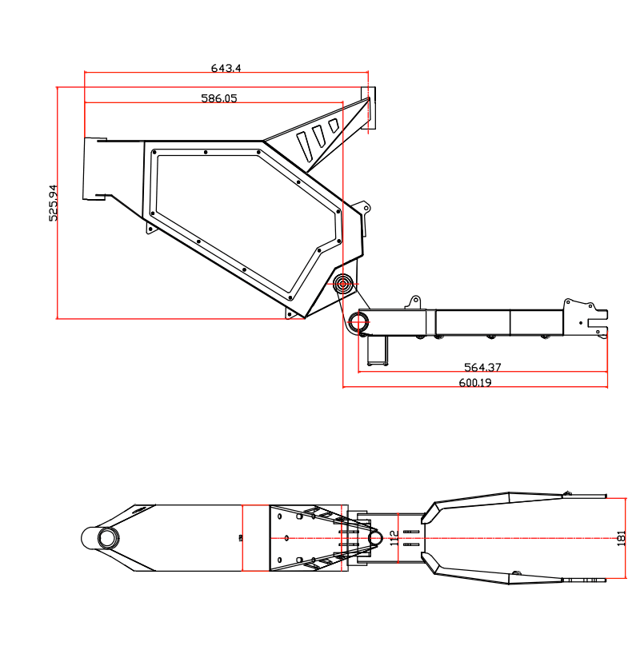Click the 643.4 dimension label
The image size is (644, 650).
[226, 69]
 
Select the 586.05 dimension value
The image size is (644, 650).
[218, 98]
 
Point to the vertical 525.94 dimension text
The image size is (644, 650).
[53, 202]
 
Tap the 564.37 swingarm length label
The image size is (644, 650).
[482, 368]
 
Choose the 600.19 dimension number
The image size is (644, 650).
[474, 383]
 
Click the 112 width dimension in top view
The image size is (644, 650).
[394, 537]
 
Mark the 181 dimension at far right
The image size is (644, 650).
[622, 537]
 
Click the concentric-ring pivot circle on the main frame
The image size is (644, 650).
[344, 283]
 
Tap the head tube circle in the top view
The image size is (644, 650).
[107, 537]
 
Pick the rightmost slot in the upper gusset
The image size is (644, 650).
[334, 126]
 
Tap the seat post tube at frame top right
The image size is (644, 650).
[370, 108]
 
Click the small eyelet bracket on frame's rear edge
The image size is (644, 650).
[365, 209]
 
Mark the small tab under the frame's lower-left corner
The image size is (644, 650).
[150, 228]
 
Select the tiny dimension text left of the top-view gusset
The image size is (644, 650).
[240, 538]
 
